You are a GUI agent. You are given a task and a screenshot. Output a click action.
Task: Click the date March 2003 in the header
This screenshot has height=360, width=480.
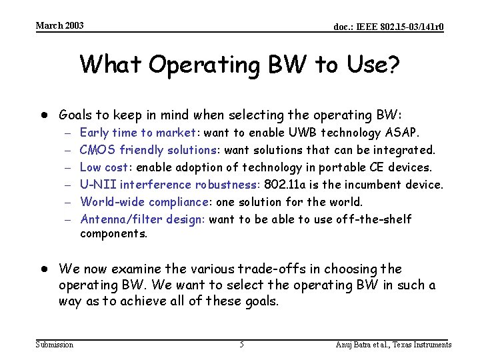click(x=59, y=25)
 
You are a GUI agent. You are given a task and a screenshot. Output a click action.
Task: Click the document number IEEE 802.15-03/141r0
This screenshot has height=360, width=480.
click(x=389, y=27)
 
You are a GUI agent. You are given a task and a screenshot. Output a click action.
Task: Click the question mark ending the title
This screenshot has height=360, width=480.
click(x=393, y=65)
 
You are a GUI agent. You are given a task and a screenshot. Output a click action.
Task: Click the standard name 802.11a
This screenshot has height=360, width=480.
click(x=286, y=185)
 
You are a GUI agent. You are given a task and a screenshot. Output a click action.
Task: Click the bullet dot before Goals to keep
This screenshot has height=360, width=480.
click(x=41, y=114)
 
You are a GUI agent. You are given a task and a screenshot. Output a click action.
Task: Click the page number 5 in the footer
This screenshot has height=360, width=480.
click(x=241, y=345)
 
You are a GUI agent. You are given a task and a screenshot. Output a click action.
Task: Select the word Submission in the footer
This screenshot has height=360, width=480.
click(x=55, y=345)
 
